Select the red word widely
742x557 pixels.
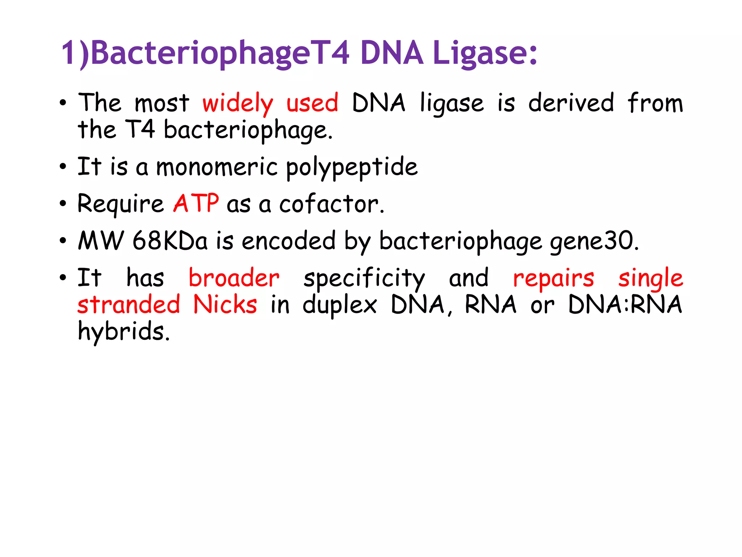238,103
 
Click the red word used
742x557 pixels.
312,103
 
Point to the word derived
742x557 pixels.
571,103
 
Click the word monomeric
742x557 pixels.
217,167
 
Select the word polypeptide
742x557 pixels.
351,168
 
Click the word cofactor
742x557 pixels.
331,204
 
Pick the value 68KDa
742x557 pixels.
170,241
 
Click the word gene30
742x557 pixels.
594,242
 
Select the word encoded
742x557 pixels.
288,241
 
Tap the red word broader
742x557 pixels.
234,278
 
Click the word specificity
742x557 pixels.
364,279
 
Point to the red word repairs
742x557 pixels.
554,279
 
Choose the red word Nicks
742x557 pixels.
225,305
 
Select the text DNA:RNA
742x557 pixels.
625,305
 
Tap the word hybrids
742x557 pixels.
124,332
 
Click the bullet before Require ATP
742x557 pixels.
63,204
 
